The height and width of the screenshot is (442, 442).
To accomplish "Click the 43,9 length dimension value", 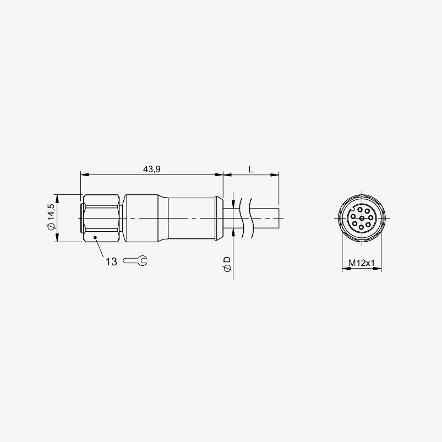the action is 152,169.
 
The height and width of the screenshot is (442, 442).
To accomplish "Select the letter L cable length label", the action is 251,169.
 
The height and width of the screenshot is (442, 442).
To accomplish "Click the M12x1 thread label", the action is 362,263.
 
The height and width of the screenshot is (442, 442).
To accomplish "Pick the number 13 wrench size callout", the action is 111,261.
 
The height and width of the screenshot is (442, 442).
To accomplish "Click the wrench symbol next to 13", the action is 135,261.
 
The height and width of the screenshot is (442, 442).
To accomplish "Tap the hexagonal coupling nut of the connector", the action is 101,218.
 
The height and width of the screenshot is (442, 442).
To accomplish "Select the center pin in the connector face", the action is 362,218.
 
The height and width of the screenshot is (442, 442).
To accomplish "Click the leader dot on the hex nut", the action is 95,237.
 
